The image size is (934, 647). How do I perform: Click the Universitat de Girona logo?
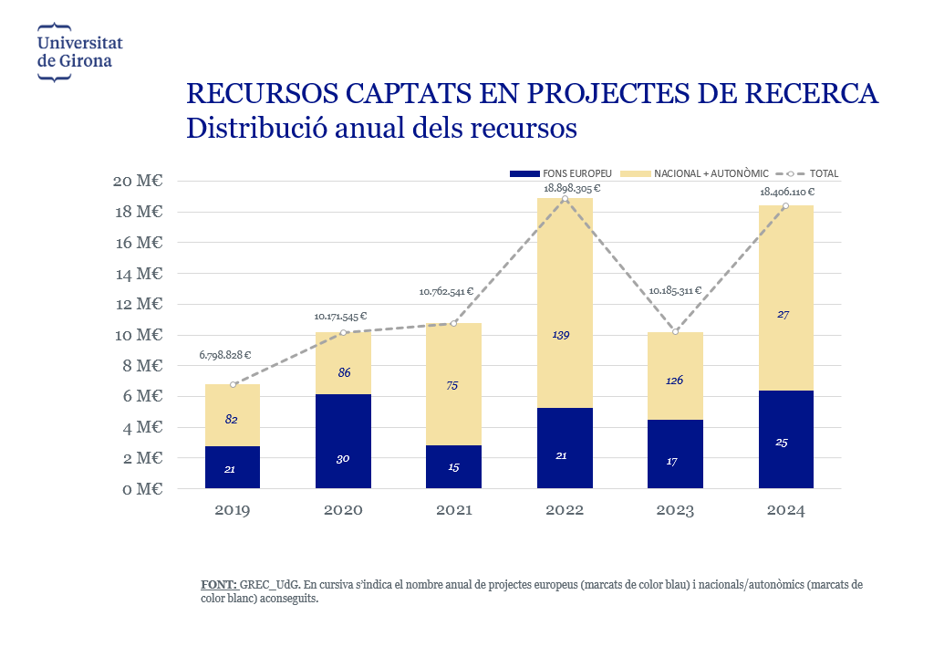(x=79, y=53)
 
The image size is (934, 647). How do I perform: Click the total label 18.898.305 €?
(x=572, y=189)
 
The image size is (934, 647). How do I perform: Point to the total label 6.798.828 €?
(x=224, y=355)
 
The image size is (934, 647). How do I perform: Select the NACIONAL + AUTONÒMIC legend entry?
(x=694, y=173)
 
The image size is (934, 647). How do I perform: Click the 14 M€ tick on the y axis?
(x=143, y=274)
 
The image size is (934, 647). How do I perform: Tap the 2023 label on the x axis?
(x=675, y=511)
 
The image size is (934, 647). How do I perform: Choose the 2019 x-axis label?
(x=233, y=511)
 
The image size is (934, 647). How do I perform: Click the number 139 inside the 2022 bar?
(x=562, y=335)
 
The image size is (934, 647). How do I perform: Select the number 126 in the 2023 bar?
(x=673, y=381)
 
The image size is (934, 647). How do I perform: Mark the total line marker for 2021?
(x=453, y=323)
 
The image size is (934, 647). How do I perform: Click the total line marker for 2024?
(x=785, y=206)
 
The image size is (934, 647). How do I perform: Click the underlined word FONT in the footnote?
(x=218, y=585)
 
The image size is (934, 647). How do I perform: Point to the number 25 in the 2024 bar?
(x=782, y=443)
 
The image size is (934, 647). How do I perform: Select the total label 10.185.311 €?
(x=675, y=291)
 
